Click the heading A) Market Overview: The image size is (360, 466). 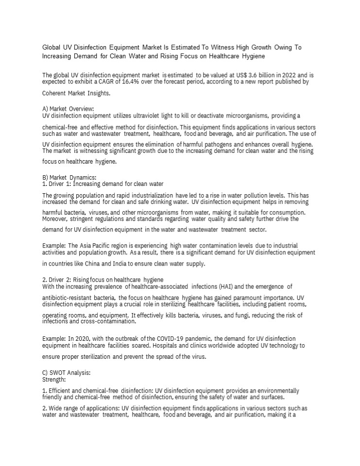pyautogui.click(x=68, y=108)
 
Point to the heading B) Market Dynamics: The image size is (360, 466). pyautogui.click(x=69, y=177)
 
